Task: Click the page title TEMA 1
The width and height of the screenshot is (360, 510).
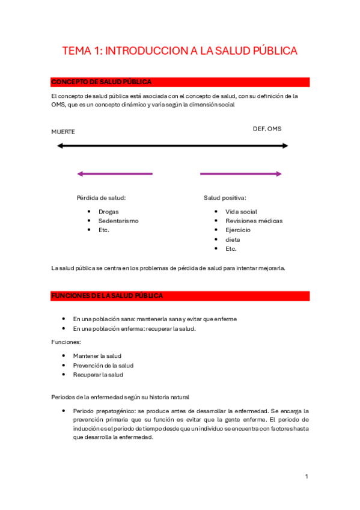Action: (180, 51)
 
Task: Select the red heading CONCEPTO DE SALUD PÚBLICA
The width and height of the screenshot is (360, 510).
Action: (102, 82)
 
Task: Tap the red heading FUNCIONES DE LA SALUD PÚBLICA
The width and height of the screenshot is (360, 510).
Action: (106, 296)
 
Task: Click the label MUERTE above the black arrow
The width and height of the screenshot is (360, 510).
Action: (63, 131)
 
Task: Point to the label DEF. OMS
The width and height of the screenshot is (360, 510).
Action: (267, 129)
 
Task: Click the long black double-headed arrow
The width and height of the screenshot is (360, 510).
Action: (172, 146)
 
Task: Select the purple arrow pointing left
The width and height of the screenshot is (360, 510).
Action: (115, 174)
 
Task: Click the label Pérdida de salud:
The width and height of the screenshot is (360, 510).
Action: (102, 197)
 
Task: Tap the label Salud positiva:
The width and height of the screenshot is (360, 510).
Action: (225, 197)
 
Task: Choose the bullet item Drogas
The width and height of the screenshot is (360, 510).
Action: (109, 212)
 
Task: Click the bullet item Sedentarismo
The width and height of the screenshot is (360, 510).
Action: (118, 221)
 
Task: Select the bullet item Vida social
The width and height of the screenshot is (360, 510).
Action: (241, 212)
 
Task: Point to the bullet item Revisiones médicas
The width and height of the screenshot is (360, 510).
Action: (254, 221)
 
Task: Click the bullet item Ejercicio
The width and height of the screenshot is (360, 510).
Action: (238, 230)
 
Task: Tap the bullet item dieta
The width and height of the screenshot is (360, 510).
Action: (233, 239)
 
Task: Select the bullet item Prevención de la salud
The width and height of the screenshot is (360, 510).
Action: (103, 365)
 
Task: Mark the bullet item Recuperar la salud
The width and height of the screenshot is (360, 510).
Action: (98, 374)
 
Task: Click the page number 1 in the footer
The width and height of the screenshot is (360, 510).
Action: (307, 476)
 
